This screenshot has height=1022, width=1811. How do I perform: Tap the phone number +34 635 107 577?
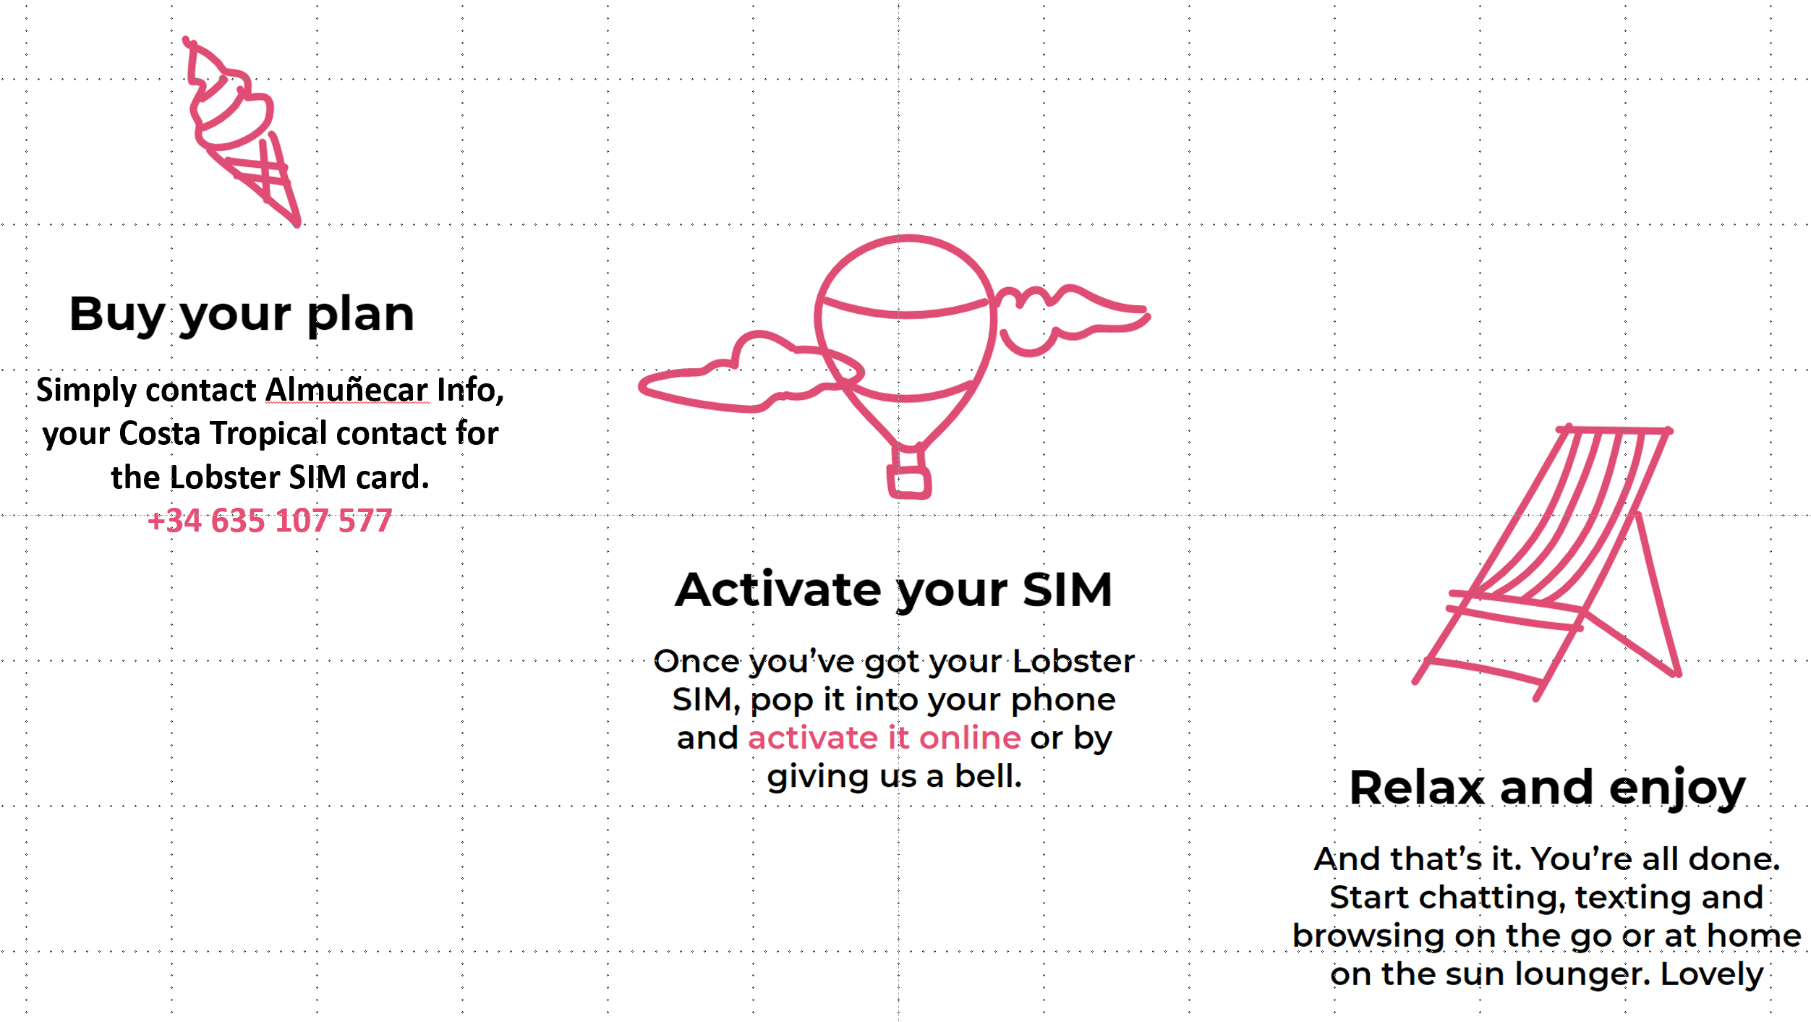(270, 521)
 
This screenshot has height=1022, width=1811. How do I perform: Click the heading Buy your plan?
(242, 314)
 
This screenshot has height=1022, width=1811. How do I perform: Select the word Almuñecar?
(347, 390)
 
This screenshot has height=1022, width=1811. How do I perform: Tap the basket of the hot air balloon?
(909, 482)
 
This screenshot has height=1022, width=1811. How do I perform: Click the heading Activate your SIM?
(894, 589)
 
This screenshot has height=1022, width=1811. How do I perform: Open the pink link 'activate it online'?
(884, 738)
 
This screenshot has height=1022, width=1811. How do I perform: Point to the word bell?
(988, 776)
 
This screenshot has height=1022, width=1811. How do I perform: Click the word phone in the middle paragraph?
(1063, 699)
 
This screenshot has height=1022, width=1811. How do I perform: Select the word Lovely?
(1712, 974)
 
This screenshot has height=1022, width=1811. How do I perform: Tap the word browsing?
(1369, 936)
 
